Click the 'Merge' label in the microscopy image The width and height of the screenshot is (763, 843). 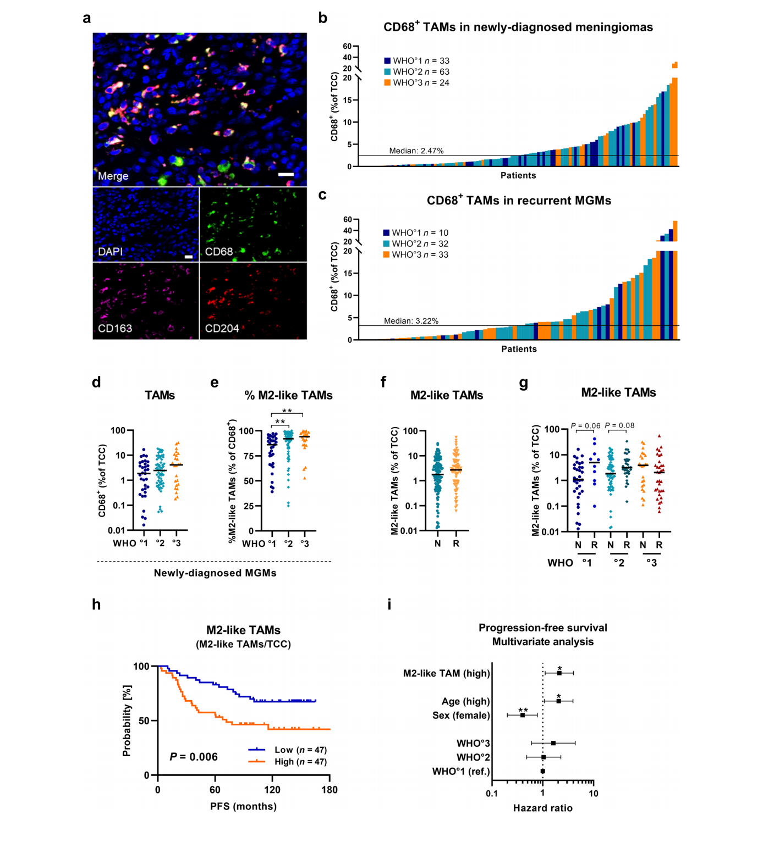tap(113, 176)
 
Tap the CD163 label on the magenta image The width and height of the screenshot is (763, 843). tap(114, 328)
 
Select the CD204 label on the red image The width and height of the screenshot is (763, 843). tap(222, 328)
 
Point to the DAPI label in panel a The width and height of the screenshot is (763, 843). tap(110, 251)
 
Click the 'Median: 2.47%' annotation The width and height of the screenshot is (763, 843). tap(416, 151)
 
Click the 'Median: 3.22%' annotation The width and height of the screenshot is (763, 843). tap(411, 320)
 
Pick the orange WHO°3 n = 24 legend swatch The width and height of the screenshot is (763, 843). tap(387, 83)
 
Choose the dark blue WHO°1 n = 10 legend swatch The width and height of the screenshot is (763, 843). tap(386, 232)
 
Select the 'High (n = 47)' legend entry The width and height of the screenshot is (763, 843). tap(300, 762)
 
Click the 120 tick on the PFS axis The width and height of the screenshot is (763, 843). tap(272, 790)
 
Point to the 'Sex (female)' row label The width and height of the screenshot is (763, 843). tap(461, 716)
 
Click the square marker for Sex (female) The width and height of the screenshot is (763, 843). tap(522, 715)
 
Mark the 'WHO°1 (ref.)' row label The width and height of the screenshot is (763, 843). tap(461, 771)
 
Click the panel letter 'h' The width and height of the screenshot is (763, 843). tap(96, 604)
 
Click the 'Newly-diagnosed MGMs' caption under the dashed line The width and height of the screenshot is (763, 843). tap(215, 573)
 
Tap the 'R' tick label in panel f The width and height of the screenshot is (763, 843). tap(456, 543)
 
